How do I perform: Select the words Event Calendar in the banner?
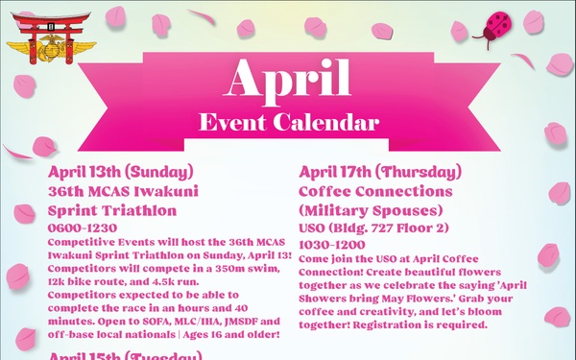pyautogui.click(x=289, y=122)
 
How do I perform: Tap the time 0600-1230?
pyautogui.click(x=79, y=229)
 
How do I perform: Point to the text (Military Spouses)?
pyautogui.click(x=368, y=211)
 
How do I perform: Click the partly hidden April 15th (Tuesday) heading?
pyautogui.click(x=125, y=355)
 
